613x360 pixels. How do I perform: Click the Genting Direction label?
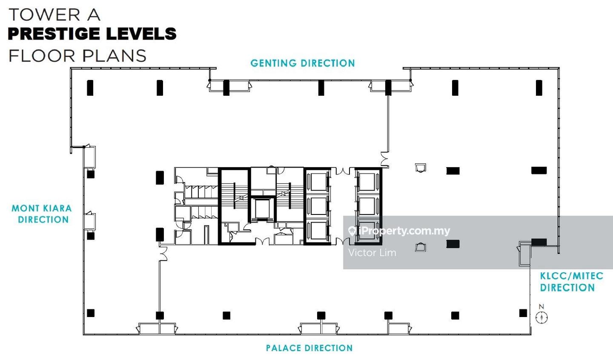303,63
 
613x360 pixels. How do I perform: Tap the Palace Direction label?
309,348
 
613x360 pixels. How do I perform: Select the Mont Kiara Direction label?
42,214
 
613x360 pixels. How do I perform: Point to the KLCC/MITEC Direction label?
571,282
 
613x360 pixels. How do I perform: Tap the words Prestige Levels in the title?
92,34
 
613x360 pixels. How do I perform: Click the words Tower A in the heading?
55,15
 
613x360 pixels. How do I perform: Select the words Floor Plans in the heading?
77,56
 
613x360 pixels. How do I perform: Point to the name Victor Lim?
372,252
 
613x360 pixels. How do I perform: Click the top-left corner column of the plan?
90,88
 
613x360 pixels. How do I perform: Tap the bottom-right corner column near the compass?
523,313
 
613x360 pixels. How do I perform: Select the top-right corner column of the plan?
539,88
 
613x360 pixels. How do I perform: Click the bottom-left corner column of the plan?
91,313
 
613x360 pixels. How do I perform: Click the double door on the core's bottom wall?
262,241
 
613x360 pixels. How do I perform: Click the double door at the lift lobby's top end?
343,171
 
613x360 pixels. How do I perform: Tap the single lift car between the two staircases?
262,209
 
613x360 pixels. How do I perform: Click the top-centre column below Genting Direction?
321,88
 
